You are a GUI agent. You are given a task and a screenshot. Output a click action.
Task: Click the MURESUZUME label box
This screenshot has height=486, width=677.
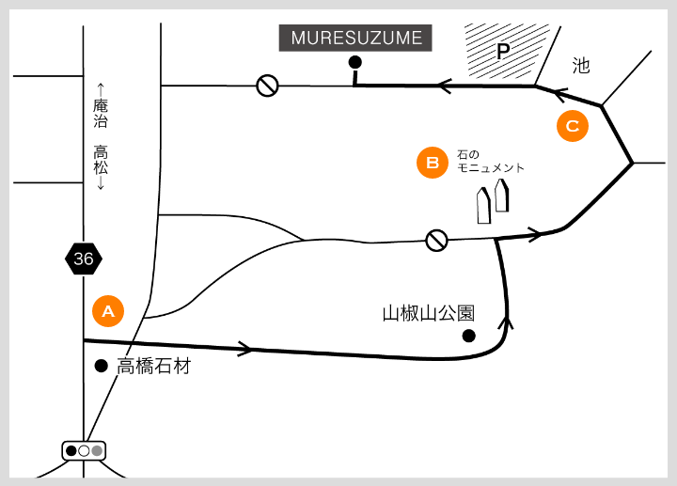click(x=356, y=39)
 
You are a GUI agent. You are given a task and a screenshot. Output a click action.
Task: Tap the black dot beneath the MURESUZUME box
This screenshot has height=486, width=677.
click(x=354, y=63)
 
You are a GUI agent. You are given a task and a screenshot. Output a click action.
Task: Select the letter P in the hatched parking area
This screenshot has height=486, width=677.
click(x=502, y=52)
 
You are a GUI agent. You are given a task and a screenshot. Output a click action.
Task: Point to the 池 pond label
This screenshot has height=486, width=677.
click(x=581, y=65)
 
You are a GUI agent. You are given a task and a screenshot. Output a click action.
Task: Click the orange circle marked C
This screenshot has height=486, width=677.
click(x=572, y=125)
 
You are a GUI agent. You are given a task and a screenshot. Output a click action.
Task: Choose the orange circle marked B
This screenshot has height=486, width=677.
click(x=433, y=163)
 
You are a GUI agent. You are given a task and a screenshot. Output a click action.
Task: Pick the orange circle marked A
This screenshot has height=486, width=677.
click(x=108, y=311)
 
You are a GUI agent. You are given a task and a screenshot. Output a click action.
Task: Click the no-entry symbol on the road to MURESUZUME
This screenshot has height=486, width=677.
click(x=268, y=86)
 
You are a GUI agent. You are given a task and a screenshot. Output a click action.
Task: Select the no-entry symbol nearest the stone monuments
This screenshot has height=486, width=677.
click(x=436, y=241)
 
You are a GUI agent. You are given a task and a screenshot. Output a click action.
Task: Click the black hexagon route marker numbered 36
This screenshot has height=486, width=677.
click(x=84, y=259)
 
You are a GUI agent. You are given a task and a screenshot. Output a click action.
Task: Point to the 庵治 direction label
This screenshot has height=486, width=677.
click(x=101, y=113)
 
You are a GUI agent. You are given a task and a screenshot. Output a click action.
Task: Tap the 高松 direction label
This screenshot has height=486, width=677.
click(x=101, y=161)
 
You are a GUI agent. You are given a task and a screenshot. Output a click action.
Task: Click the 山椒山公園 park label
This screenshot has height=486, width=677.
click(x=428, y=313)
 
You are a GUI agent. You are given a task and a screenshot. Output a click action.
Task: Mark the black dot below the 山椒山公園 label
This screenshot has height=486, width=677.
click(x=468, y=336)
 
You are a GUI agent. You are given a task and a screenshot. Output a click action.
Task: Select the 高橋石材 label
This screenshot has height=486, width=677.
click(x=153, y=366)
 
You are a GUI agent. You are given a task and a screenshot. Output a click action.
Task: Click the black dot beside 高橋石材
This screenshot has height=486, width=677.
click(x=101, y=366)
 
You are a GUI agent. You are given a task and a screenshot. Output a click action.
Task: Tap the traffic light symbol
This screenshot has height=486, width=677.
click(x=84, y=450)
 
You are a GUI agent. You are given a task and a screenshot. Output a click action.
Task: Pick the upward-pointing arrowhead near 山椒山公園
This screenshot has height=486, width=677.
click(x=509, y=322)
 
